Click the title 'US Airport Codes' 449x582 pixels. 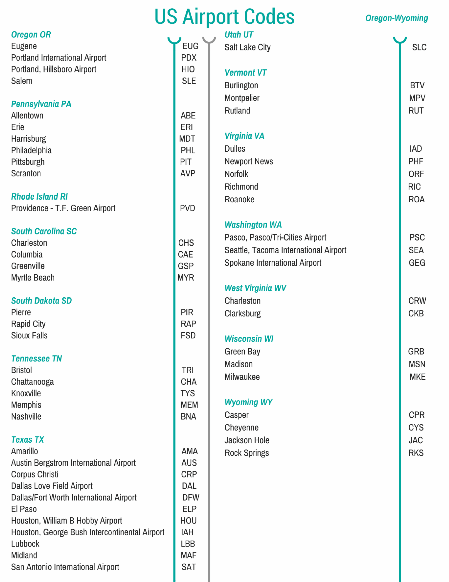(224, 17)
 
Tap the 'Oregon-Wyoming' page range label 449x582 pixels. (396, 18)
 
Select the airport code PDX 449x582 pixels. (189, 58)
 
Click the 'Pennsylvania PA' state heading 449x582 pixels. (41, 104)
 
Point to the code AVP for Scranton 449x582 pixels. (188, 173)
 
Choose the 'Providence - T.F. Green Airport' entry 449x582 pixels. (63, 208)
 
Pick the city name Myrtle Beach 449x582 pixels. (33, 278)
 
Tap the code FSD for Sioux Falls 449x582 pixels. (188, 336)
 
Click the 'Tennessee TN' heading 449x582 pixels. (37, 359)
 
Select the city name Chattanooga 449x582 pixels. (32, 382)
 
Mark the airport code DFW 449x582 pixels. (191, 497)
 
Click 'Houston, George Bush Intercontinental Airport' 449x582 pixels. (88, 532)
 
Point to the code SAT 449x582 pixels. (188, 567)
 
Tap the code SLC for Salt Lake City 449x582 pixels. (419, 48)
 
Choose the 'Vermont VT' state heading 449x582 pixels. (245, 73)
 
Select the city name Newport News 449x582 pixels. (249, 161)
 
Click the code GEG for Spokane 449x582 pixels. (417, 263)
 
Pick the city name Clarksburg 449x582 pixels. (242, 314)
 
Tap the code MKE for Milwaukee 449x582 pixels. (417, 377)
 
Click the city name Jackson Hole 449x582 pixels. (247, 440)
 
